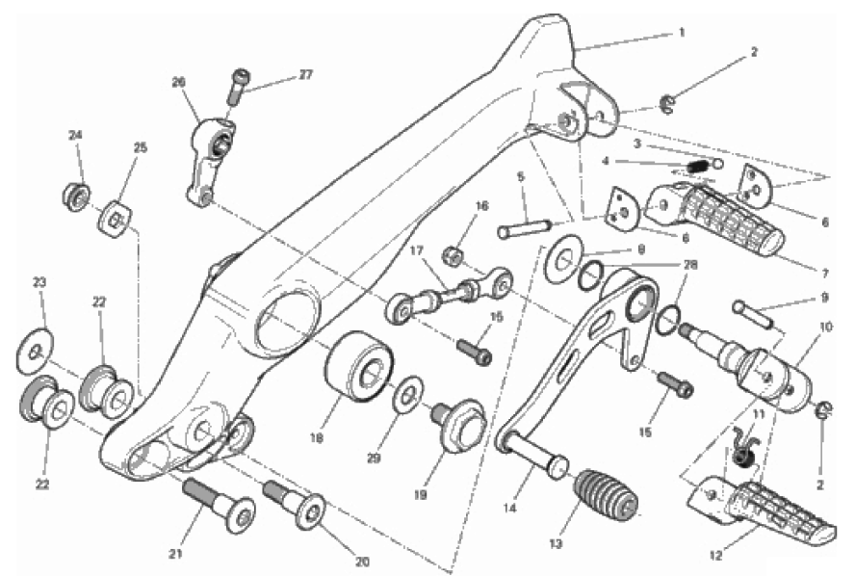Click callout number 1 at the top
682,33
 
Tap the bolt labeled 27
237,88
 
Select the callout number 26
178,83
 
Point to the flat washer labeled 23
36,352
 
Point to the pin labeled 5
525,227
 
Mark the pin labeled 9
754,314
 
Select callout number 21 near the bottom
175,554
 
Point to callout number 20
363,562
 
